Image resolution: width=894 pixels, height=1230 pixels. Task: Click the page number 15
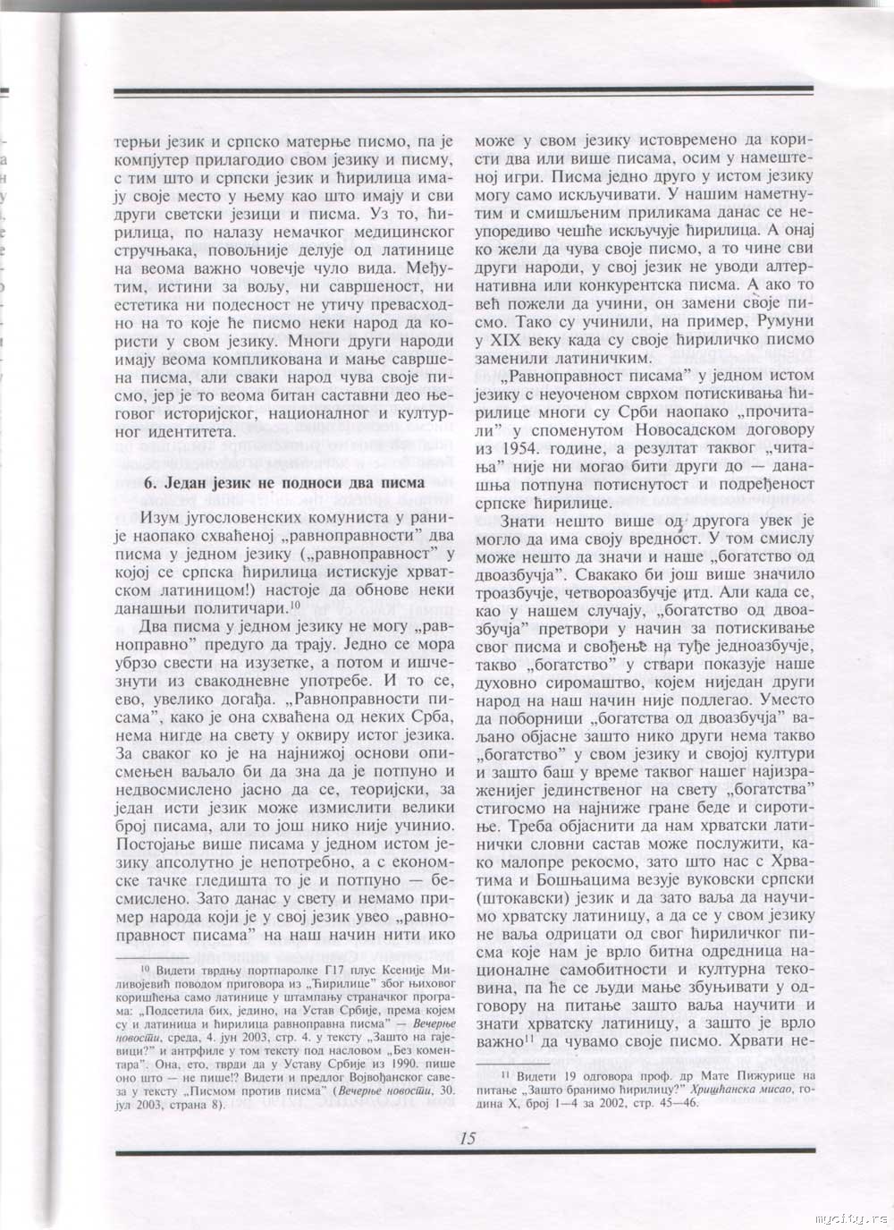pos(468,1139)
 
